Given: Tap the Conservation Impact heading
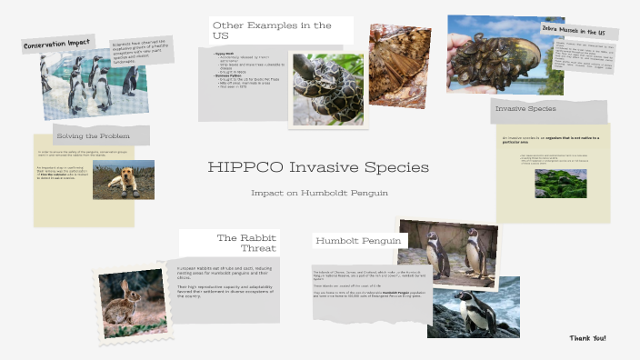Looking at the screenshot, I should [x=57, y=45].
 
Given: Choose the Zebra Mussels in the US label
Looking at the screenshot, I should [x=578, y=31].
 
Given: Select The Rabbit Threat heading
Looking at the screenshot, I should [x=245, y=243].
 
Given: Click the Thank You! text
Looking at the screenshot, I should [x=587, y=338].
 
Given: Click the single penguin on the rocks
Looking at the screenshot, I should [x=473, y=310].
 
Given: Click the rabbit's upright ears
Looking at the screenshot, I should [x=125, y=286].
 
